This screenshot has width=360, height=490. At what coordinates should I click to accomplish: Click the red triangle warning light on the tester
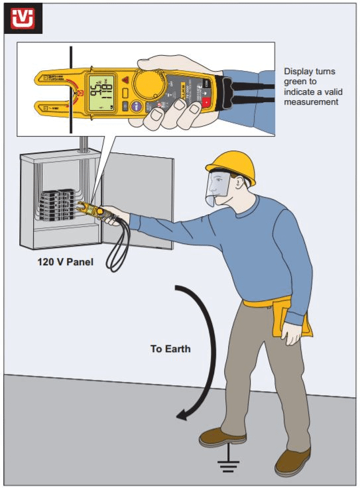126,81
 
